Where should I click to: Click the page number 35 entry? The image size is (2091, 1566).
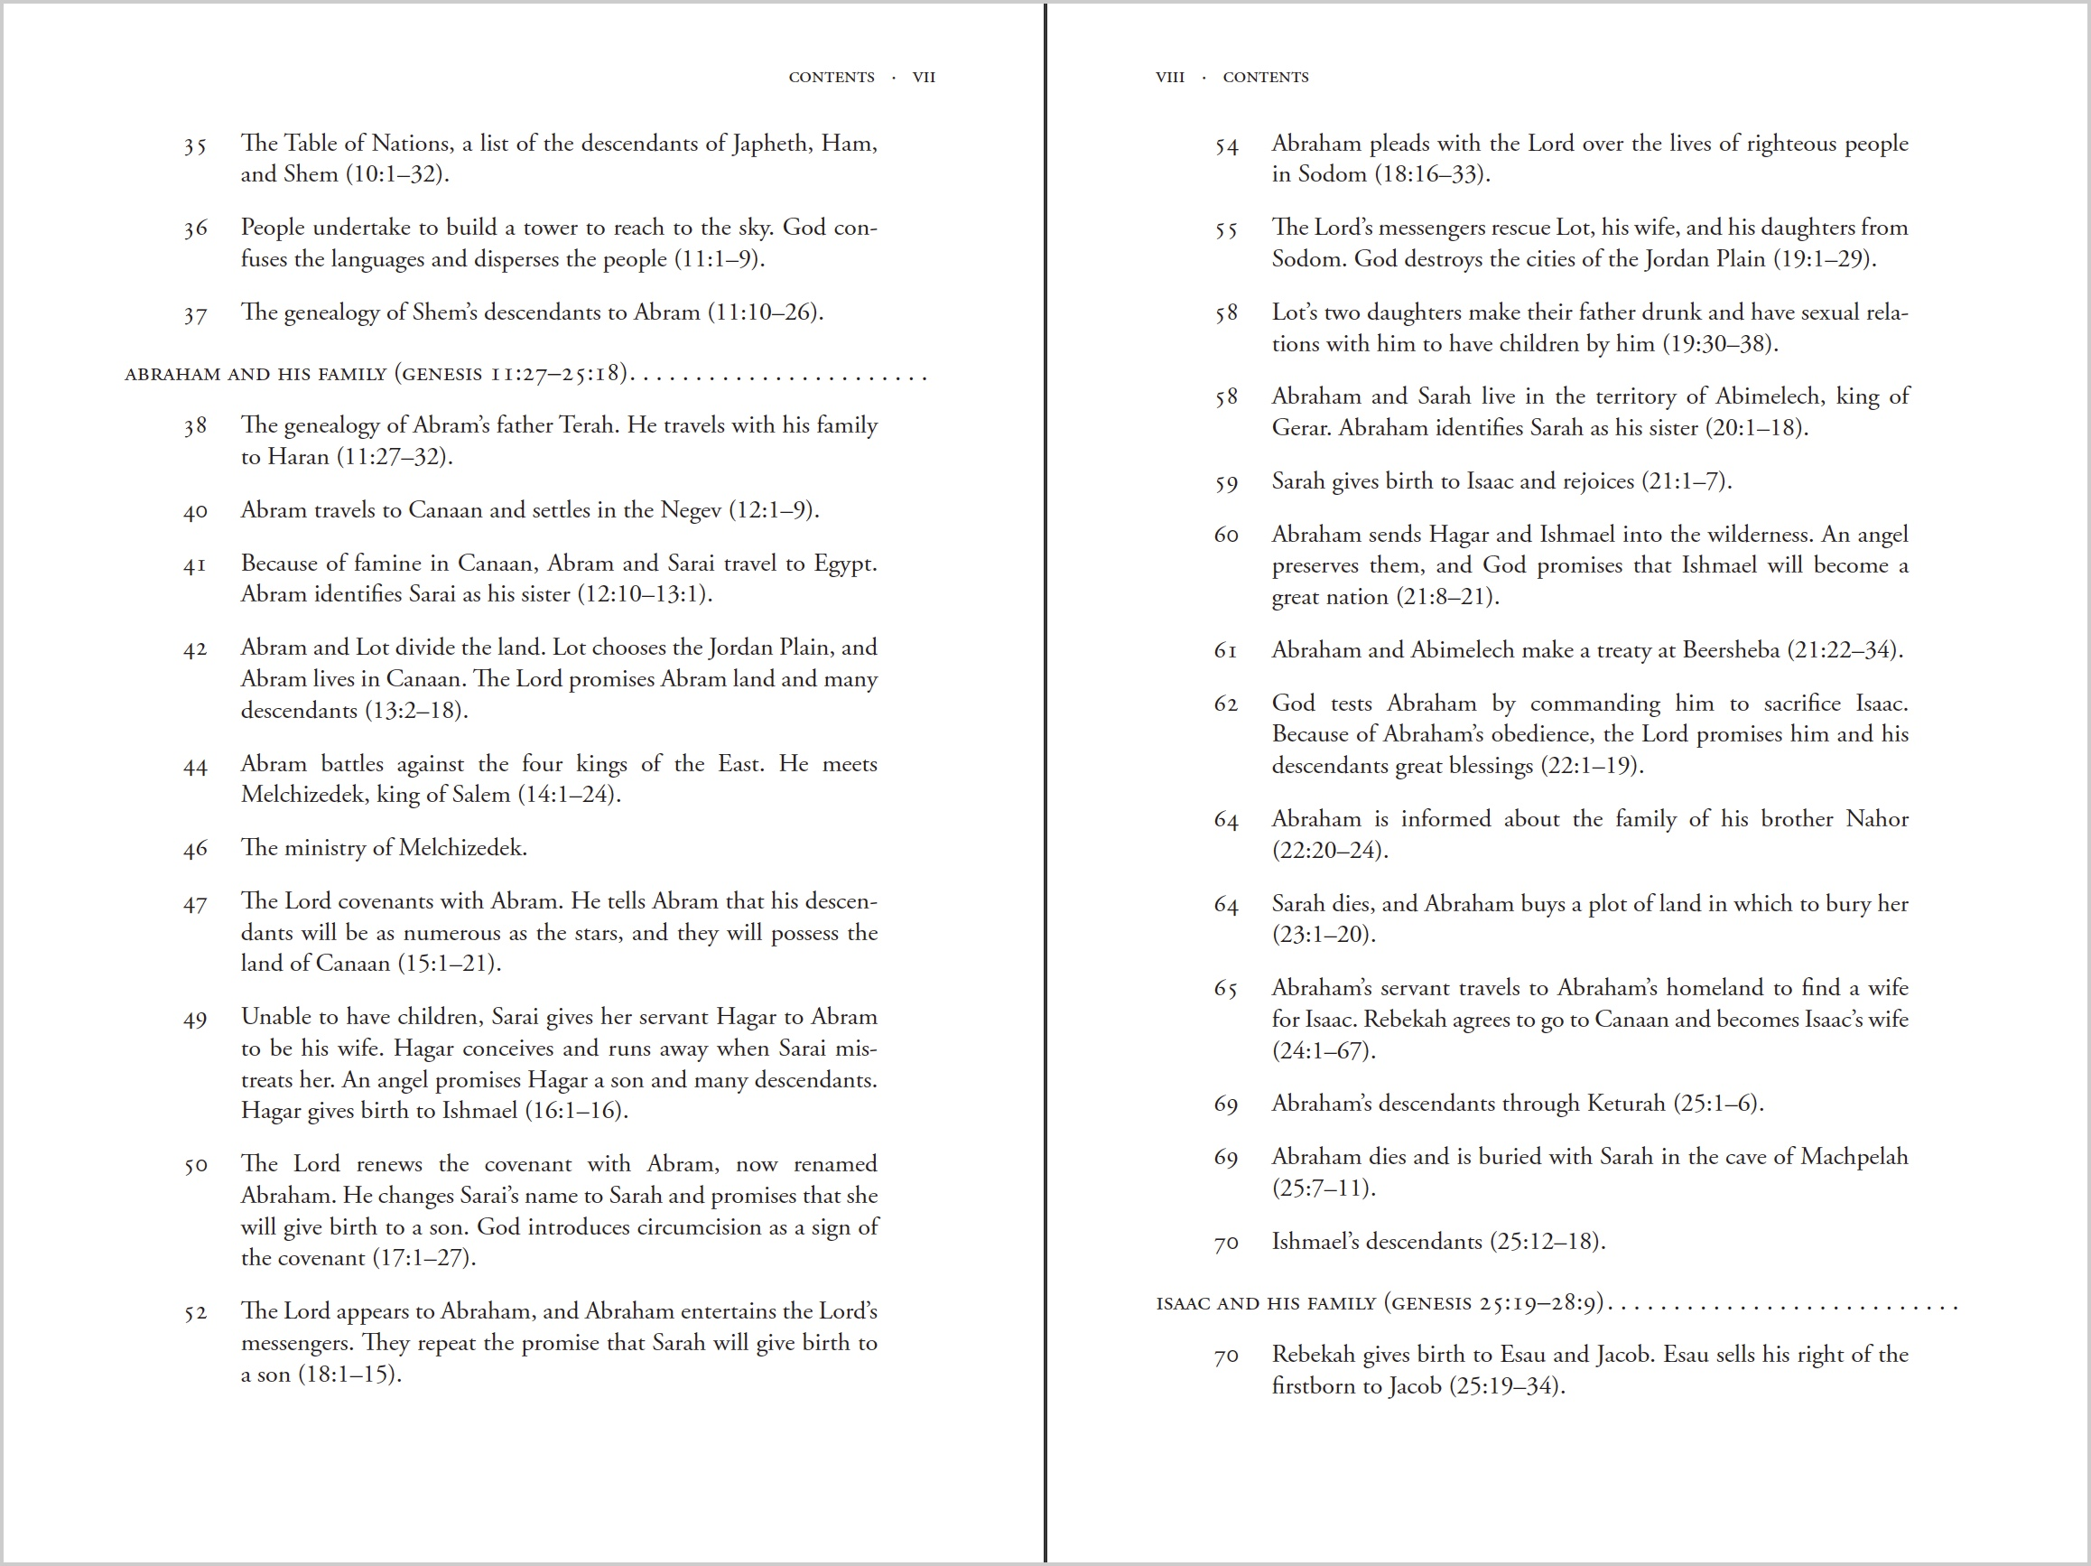195,145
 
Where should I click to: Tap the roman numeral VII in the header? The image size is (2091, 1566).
924,78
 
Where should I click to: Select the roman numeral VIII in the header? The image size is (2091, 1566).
1169,78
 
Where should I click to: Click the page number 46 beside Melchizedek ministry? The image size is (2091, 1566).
195,849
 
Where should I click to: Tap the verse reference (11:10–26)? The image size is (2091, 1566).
766,312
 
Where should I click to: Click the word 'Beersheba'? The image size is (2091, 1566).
1731,649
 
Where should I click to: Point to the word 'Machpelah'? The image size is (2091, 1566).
1854,1157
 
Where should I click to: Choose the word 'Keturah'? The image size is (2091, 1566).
1626,1104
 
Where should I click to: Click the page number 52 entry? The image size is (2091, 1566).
195,1312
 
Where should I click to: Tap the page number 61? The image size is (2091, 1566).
1225,651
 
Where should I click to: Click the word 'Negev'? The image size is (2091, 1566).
690,510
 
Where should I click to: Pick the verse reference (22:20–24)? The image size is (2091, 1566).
1329,850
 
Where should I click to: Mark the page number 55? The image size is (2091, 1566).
1226,229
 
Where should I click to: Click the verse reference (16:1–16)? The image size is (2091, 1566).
576,1110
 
